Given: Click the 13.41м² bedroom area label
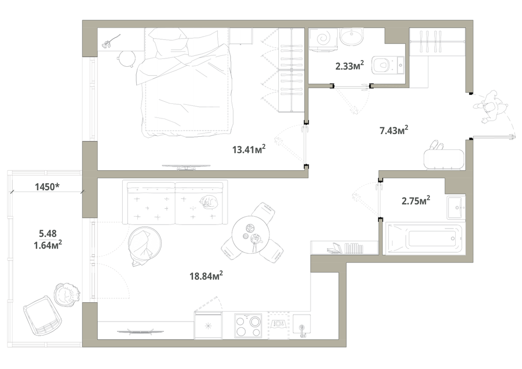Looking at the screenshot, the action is [x=248, y=149].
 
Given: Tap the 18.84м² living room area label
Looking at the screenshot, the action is [x=206, y=276].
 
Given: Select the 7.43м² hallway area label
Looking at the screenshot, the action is [x=394, y=130].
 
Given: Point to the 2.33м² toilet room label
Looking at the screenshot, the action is [x=350, y=66].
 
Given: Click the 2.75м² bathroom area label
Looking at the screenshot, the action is [x=416, y=200].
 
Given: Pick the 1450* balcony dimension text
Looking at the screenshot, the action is [x=48, y=187].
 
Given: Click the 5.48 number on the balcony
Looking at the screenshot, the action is [x=48, y=233].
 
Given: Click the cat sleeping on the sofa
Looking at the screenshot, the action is [x=208, y=201].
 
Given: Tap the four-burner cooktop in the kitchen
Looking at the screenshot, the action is [x=247, y=326].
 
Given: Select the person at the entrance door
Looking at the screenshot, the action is [x=491, y=108].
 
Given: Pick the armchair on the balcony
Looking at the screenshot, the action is [x=43, y=315].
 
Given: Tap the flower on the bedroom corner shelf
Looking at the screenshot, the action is [x=110, y=41].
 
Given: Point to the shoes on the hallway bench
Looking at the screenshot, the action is [x=437, y=146].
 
